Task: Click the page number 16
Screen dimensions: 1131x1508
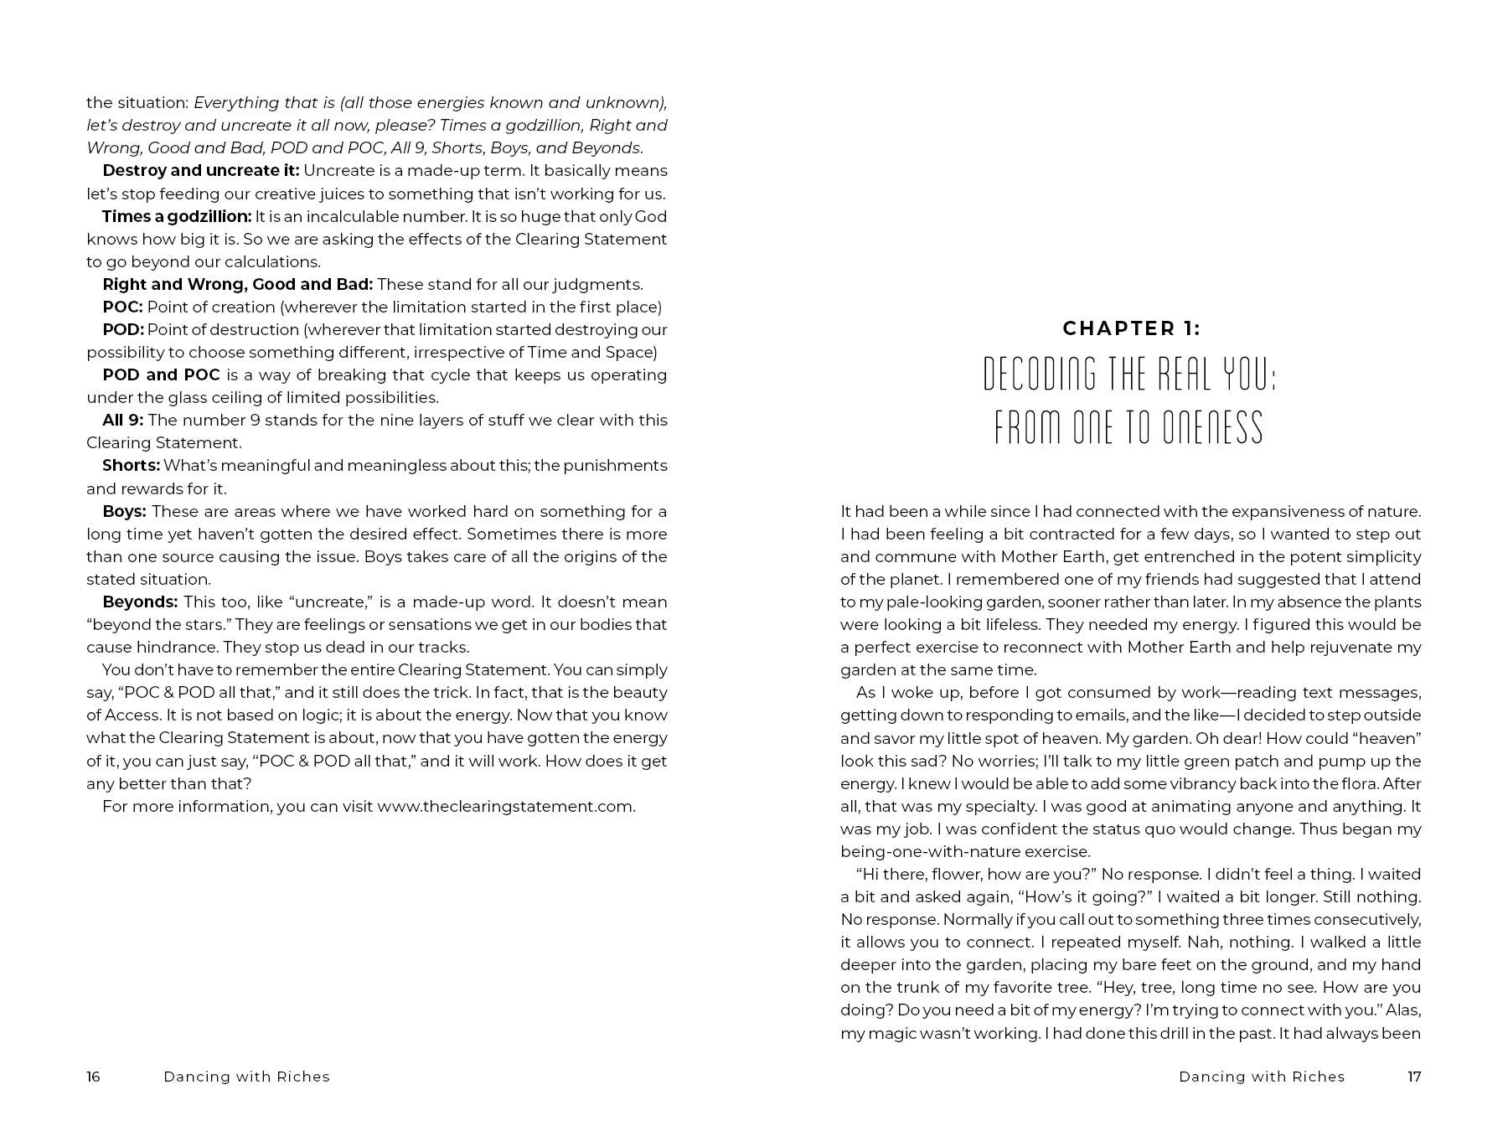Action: (x=93, y=1077)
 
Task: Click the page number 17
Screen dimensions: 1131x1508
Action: (x=1414, y=1077)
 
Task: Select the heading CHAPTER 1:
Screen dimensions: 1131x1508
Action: (x=1131, y=328)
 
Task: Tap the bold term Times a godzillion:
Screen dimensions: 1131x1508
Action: (x=177, y=216)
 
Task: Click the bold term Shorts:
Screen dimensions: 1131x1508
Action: (x=131, y=465)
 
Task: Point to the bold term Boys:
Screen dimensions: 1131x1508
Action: (x=124, y=511)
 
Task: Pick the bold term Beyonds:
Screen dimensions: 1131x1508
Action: (x=140, y=602)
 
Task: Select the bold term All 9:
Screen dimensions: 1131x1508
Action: (x=122, y=420)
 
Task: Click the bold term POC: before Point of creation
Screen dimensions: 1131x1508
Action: (x=122, y=307)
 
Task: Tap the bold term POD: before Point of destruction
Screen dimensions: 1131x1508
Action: (x=123, y=329)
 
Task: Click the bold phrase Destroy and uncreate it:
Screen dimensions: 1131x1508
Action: (x=200, y=171)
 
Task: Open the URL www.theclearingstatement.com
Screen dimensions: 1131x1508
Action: (x=505, y=806)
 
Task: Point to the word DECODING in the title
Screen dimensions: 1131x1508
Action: (x=1039, y=374)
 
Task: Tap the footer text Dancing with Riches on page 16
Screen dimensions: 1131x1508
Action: (x=246, y=1077)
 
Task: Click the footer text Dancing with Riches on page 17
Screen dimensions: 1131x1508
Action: (x=1261, y=1077)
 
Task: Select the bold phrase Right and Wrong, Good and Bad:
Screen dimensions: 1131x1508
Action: (x=237, y=284)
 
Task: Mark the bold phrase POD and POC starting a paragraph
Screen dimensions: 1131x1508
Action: (x=161, y=374)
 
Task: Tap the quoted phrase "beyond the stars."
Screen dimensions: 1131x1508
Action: (x=158, y=624)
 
